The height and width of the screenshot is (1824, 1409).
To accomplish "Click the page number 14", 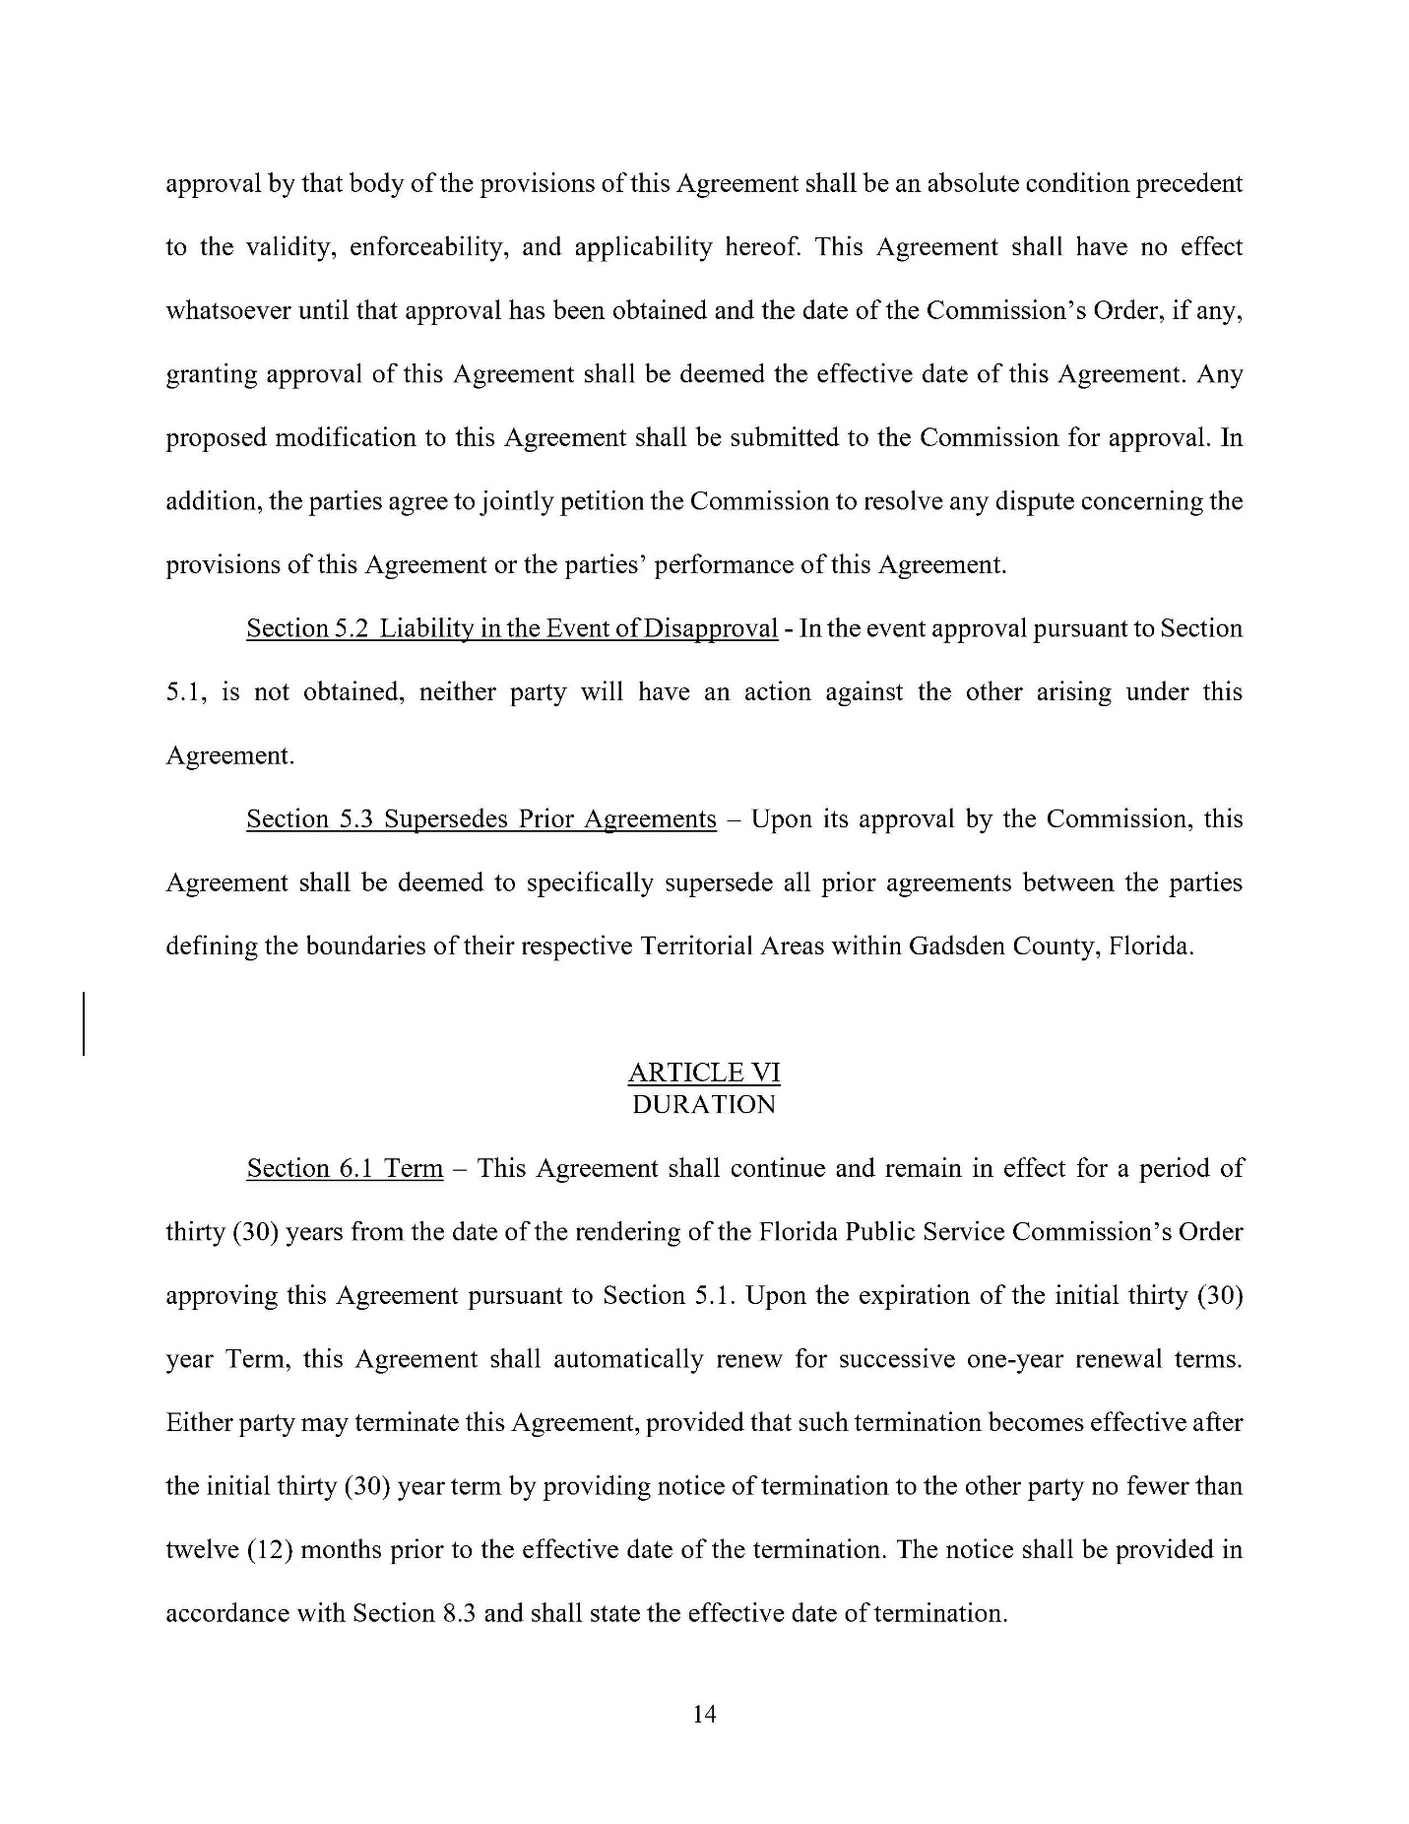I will [704, 1714].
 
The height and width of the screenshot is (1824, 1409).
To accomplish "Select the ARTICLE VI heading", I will [704, 1073].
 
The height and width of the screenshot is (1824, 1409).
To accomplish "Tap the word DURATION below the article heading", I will [704, 1104].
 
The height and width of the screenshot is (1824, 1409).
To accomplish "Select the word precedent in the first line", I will [1189, 184].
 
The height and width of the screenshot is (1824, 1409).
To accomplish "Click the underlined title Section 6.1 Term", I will [345, 1168].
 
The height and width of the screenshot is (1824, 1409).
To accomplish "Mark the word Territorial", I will [697, 946].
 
